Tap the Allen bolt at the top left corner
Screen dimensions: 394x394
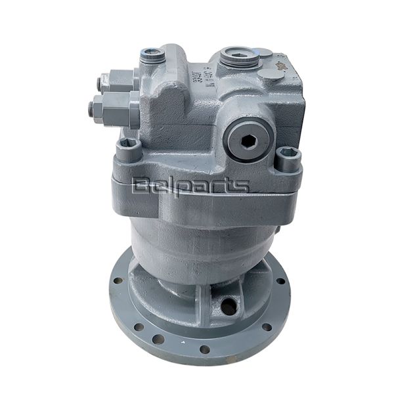(x=152, y=56)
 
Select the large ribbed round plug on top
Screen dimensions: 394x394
(x=239, y=57)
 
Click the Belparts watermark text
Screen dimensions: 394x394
(x=190, y=186)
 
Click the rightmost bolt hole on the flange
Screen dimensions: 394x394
(x=280, y=281)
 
